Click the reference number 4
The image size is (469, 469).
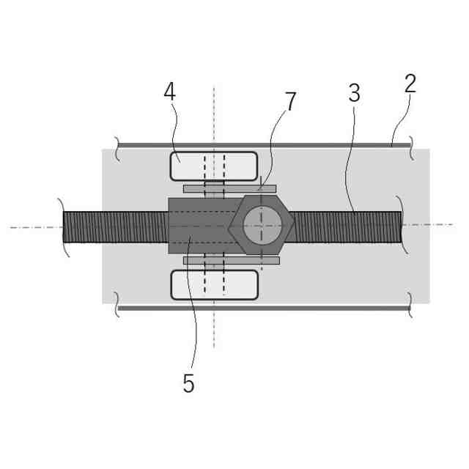click(x=170, y=93)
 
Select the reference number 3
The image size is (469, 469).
click(x=354, y=93)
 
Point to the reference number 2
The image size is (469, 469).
click(x=410, y=84)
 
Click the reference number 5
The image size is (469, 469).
click(x=188, y=383)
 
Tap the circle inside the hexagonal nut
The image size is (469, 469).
click(x=262, y=225)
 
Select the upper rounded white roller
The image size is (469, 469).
click(x=213, y=166)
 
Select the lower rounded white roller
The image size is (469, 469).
click(x=213, y=284)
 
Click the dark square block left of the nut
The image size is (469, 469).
click(x=194, y=226)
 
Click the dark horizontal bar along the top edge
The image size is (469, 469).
click(x=256, y=145)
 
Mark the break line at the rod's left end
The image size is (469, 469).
click(x=63, y=227)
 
